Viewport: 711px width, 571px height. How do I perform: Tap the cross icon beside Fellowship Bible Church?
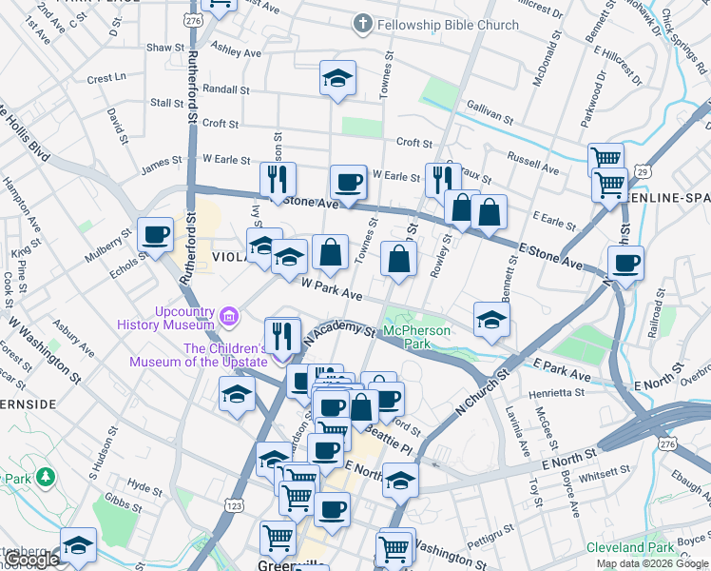click(x=362, y=24)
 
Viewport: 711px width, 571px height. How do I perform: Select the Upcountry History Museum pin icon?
click(x=227, y=315)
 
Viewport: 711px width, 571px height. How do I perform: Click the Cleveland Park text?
click(x=630, y=547)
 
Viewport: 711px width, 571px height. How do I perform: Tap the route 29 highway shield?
click(x=644, y=171)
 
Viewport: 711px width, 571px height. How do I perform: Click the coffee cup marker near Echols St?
click(x=155, y=234)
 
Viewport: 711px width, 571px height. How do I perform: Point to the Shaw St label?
click(x=164, y=47)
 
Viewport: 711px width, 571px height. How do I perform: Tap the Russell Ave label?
click(x=533, y=161)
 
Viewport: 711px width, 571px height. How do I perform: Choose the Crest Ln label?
click(x=106, y=78)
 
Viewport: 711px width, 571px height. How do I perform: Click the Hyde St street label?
click(x=144, y=489)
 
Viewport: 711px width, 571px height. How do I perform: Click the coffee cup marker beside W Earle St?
click(x=348, y=181)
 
